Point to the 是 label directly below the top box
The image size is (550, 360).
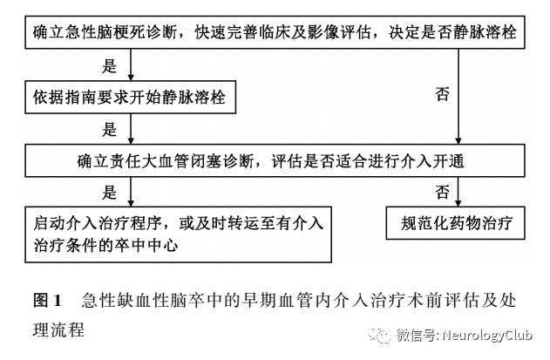click(x=110, y=66)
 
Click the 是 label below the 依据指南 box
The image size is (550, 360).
click(x=110, y=128)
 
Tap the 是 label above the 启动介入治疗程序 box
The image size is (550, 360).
click(x=110, y=191)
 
